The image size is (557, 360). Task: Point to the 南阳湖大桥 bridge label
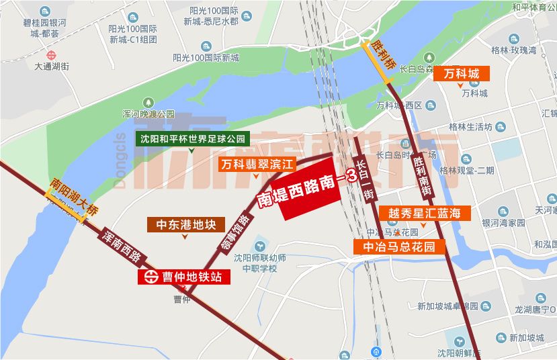pos(67,199)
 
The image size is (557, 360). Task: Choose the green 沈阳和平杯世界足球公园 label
pos(194,140)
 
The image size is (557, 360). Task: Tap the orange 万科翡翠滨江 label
pos(258,163)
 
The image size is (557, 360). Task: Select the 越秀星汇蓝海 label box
pos(426,214)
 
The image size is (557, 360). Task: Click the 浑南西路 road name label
pos(123,245)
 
